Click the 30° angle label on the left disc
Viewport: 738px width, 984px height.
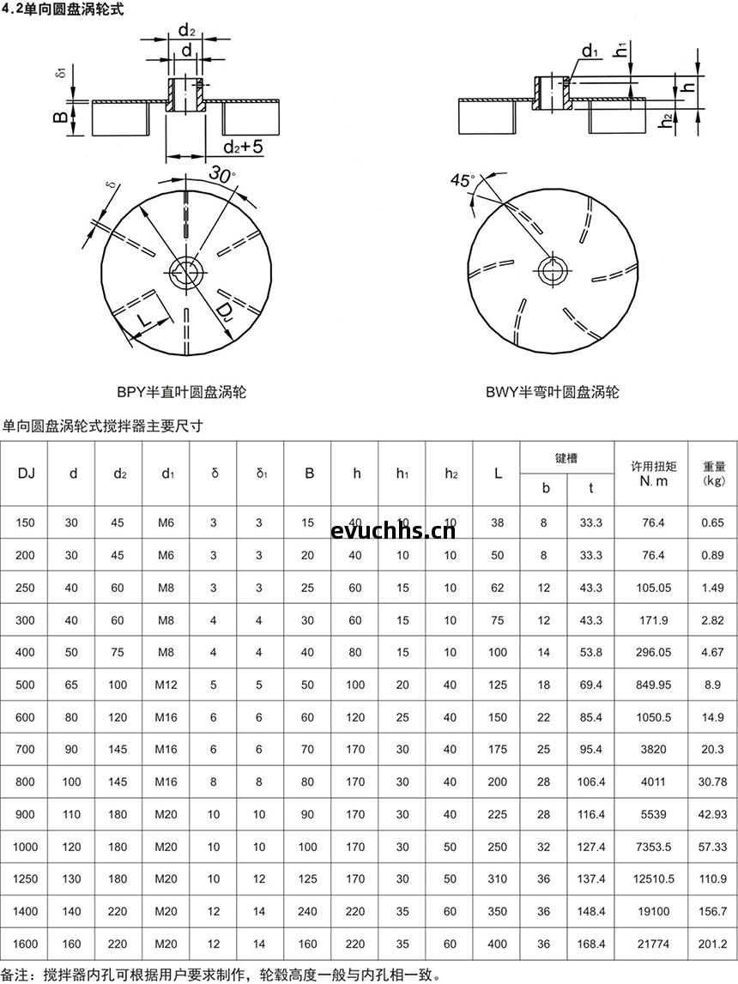point(221,174)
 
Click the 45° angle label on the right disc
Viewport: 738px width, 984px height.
point(462,181)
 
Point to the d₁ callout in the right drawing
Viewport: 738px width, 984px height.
point(590,52)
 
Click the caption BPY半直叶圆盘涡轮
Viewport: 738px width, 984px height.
point(182,392)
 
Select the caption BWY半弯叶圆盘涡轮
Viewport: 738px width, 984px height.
point(552,392)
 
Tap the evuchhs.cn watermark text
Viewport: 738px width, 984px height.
point(392,530)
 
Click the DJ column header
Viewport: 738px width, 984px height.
point(26,473)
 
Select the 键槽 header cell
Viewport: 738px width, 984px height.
point(566,458)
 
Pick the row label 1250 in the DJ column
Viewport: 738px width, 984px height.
point(26,878)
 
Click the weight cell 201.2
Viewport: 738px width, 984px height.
point(712,944)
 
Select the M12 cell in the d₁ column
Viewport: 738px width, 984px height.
point(166,685)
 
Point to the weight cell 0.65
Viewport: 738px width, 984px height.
point(712,522)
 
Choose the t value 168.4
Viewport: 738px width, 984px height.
point(591,944)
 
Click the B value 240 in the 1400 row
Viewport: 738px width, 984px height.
point(308,911)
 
